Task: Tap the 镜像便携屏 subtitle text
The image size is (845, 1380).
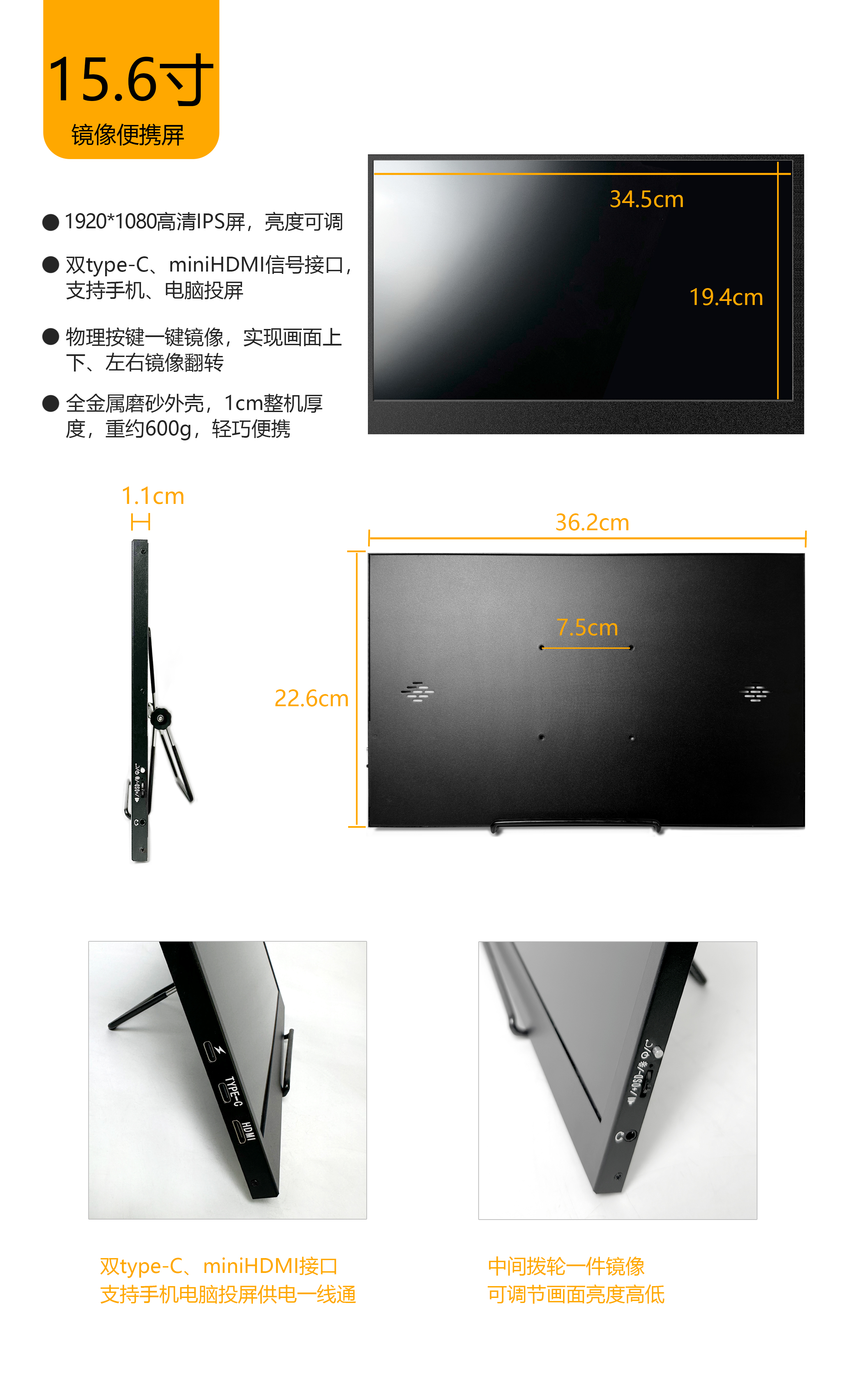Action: coord(128,135)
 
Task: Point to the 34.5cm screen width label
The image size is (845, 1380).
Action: coord(647,199)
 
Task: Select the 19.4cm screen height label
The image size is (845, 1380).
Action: coord(726,298)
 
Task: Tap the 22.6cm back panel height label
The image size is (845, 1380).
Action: coord(312,698)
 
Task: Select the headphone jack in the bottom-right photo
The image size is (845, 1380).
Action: coord(631,1135)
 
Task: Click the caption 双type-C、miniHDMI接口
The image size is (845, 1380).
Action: coord(219,1266)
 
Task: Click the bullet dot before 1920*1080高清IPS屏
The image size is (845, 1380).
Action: coord(51,222)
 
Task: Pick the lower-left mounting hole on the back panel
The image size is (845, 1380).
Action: coord(541,737)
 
